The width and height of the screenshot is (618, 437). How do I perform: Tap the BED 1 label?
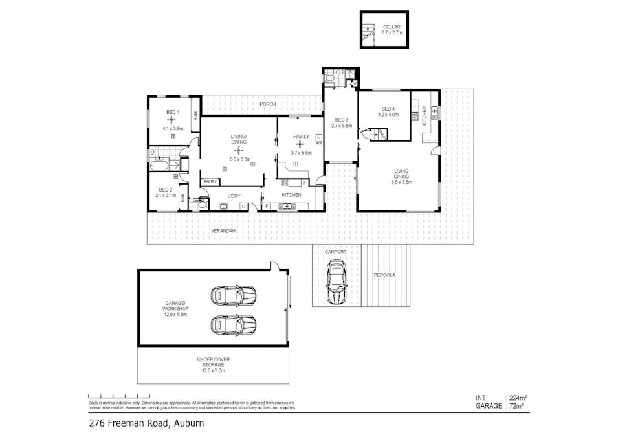(x=172, y=112)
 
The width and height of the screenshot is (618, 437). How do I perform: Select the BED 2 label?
(x=164, y=189)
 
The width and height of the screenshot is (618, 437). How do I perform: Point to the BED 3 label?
(x=341, y=120)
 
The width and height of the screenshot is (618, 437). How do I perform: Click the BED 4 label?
(x=388, y=109)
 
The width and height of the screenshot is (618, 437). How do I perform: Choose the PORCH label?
(x=267, y=104)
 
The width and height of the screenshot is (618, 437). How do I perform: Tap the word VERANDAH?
(x=221, y=231)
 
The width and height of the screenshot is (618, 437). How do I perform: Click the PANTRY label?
(x=211, y=182)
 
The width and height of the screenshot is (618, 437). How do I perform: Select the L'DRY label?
(x=234, y=195)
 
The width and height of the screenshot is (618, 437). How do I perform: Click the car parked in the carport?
(x=336, y=282)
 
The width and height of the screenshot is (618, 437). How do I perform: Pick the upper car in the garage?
(x=233, y=295)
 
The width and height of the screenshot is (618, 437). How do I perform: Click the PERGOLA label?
(x=384, y=275)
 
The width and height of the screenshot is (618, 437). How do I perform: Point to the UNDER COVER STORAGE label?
(x=213, y=363)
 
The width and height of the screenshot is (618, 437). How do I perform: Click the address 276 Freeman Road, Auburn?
(x=146, y=424)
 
